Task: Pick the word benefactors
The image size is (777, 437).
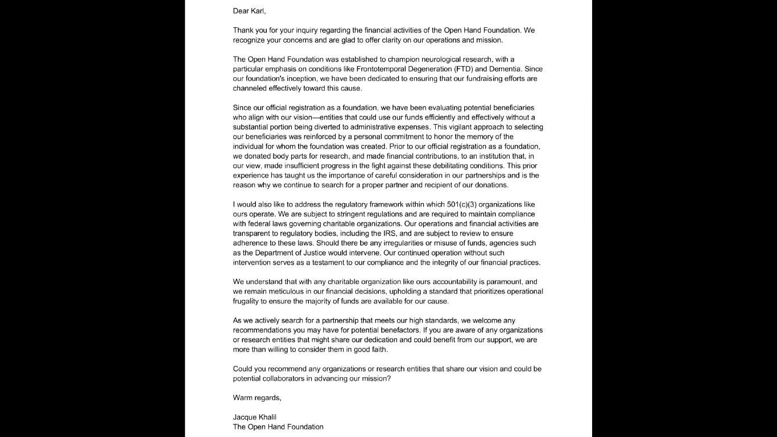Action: tap(400, 330)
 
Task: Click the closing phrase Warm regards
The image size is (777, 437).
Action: tap(257, 398)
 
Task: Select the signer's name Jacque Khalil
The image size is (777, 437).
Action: tap(254, 417)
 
